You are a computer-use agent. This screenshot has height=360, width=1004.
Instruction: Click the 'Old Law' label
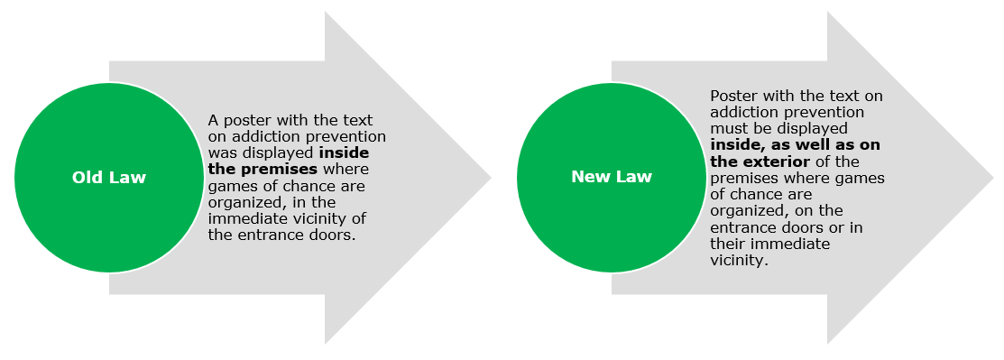coord(109,178)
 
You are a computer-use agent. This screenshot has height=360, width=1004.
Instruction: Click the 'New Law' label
coord(612,177)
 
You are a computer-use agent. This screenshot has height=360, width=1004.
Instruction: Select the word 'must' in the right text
coord(727,129)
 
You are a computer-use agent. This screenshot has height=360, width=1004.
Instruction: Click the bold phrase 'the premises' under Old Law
coord(263,169)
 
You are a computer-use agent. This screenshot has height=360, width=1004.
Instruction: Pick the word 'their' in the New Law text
coord(728,244)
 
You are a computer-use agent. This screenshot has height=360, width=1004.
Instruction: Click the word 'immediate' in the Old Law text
coord(240,218)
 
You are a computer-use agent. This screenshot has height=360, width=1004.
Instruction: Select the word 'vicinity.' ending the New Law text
coord(739,260)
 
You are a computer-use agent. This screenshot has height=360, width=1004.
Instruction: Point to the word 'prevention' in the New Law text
coord(831,112)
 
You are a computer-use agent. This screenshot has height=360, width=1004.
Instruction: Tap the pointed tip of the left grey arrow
coord(491,178)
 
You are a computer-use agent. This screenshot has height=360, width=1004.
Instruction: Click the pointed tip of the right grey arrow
coord(994,178)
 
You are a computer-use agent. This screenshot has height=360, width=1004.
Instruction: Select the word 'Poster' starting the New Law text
coord(732,96)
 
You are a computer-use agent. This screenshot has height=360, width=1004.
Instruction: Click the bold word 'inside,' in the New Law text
coord(734,144)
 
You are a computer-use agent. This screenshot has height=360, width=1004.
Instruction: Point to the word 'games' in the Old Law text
coord(228,187)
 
